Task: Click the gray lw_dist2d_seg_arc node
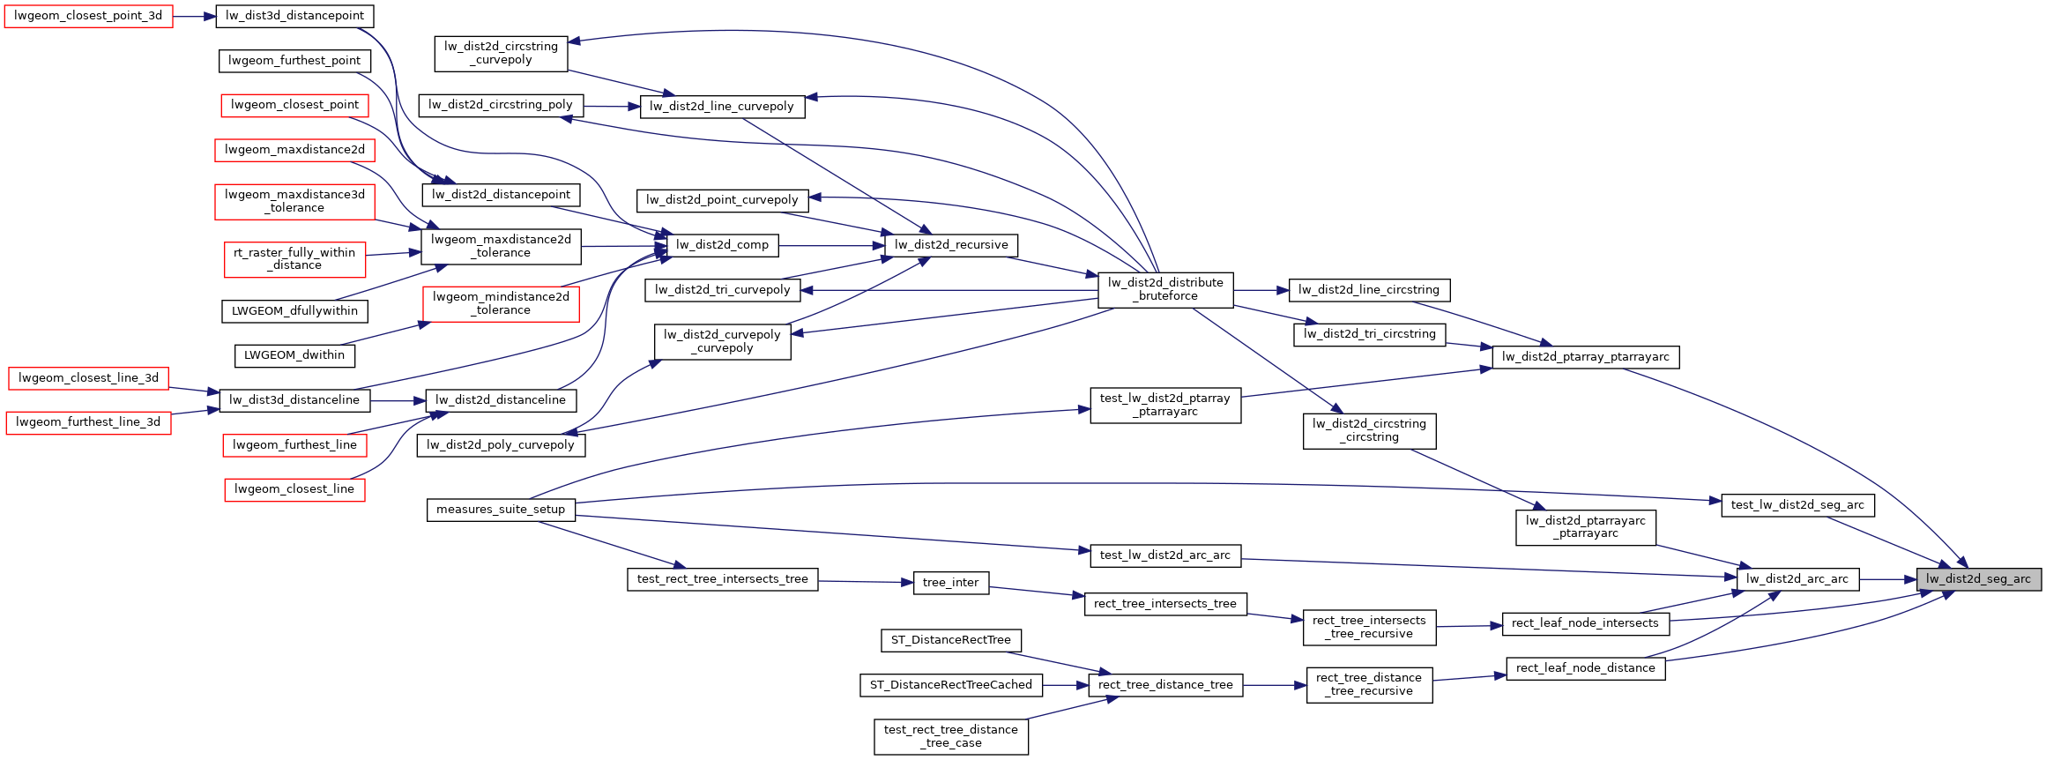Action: [1978, 579]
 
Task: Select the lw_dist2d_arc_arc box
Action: [1797, 579]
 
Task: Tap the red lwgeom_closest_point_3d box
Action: [88, 16]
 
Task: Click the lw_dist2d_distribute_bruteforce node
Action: [1164, 289]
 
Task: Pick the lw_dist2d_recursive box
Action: [950, 245]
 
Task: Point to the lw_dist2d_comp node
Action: [722, 245]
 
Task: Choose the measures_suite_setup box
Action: [501, 510]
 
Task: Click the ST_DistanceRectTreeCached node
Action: [950, 685]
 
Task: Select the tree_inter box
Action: [950, 583]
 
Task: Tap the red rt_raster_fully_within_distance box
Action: [294, 258]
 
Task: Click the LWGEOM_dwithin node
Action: [294, 355]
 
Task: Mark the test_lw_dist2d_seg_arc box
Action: [1797, 505]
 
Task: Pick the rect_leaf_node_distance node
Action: [1585, 668]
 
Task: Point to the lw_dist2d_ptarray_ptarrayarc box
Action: [1585, 357]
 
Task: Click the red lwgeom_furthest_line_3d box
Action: [88, 422]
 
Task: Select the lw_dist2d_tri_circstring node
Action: [1369, 334]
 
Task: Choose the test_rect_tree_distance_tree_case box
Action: [950, 736]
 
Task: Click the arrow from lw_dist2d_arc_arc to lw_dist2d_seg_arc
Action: [1887, 579]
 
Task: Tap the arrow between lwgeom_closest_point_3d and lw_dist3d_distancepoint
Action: [194, 16]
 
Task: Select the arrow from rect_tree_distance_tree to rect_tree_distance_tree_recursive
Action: [1275, 685]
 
